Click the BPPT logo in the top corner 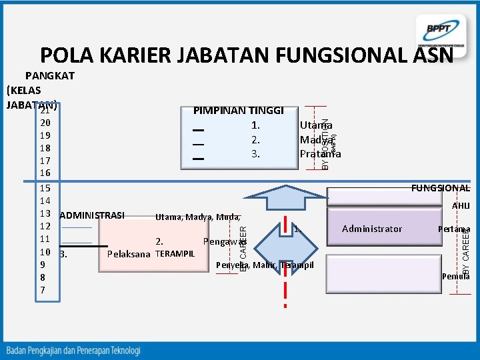(x=439, y=30)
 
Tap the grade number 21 (x=46, y=111)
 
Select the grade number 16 (x=46, y=173)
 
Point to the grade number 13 (x=46, y=213)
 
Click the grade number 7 (x=43, y=290)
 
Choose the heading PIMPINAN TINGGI (x=238, y=111)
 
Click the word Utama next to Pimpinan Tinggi (x=316, y=125)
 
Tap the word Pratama (x=320, y=154)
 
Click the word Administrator (x=372, y=229)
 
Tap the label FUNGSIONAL (x=440, y=189)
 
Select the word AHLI (x=461, y=207)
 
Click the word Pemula (x=455, y=276)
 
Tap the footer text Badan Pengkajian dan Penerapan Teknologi (x=74, y=350)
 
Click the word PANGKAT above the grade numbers (x=50, y=76)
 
